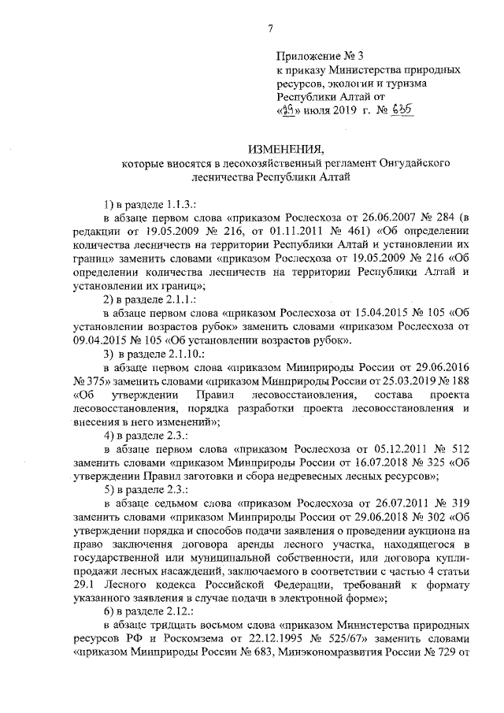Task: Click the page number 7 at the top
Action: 270,29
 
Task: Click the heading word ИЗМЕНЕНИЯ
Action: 283,149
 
